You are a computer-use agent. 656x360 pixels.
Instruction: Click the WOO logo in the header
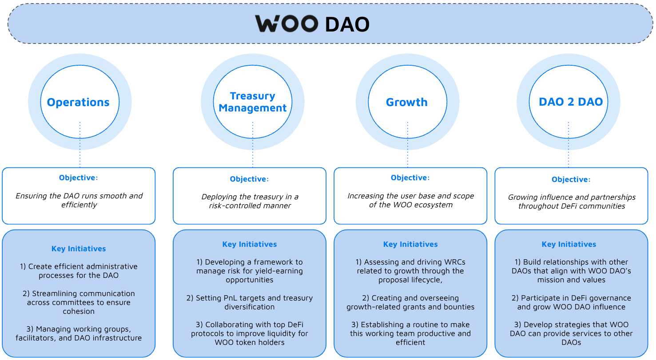[x=287, y=24]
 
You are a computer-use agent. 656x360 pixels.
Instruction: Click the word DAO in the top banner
[x=347, y=24]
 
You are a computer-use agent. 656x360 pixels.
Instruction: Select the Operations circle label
[x=78, y=102]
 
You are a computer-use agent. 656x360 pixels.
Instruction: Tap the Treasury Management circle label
[x=252, y=102]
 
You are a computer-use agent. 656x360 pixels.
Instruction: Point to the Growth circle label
[x=407, y=102]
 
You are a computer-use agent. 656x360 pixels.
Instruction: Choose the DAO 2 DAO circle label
[x=571, y=102]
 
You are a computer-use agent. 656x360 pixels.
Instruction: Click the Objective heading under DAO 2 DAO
[x=571, y=179]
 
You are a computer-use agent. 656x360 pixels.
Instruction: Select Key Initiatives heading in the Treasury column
[x=250, y=245]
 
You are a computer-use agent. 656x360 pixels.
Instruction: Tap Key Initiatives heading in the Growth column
[x=410, y=245]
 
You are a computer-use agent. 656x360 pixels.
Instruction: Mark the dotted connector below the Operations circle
[x=80, y=145]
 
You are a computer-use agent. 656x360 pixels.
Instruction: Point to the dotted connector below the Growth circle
[x=407, y=145]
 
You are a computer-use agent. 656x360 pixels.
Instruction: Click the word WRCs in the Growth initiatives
[x=455, y=262]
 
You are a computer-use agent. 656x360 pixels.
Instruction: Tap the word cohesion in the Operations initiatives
[x=79, y=311]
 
